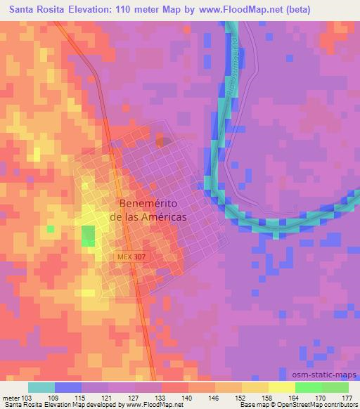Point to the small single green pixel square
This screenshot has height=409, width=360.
coord(50,228)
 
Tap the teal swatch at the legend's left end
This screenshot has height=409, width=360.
coord(41,387)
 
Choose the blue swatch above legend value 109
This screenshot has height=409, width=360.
coord(68,387)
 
